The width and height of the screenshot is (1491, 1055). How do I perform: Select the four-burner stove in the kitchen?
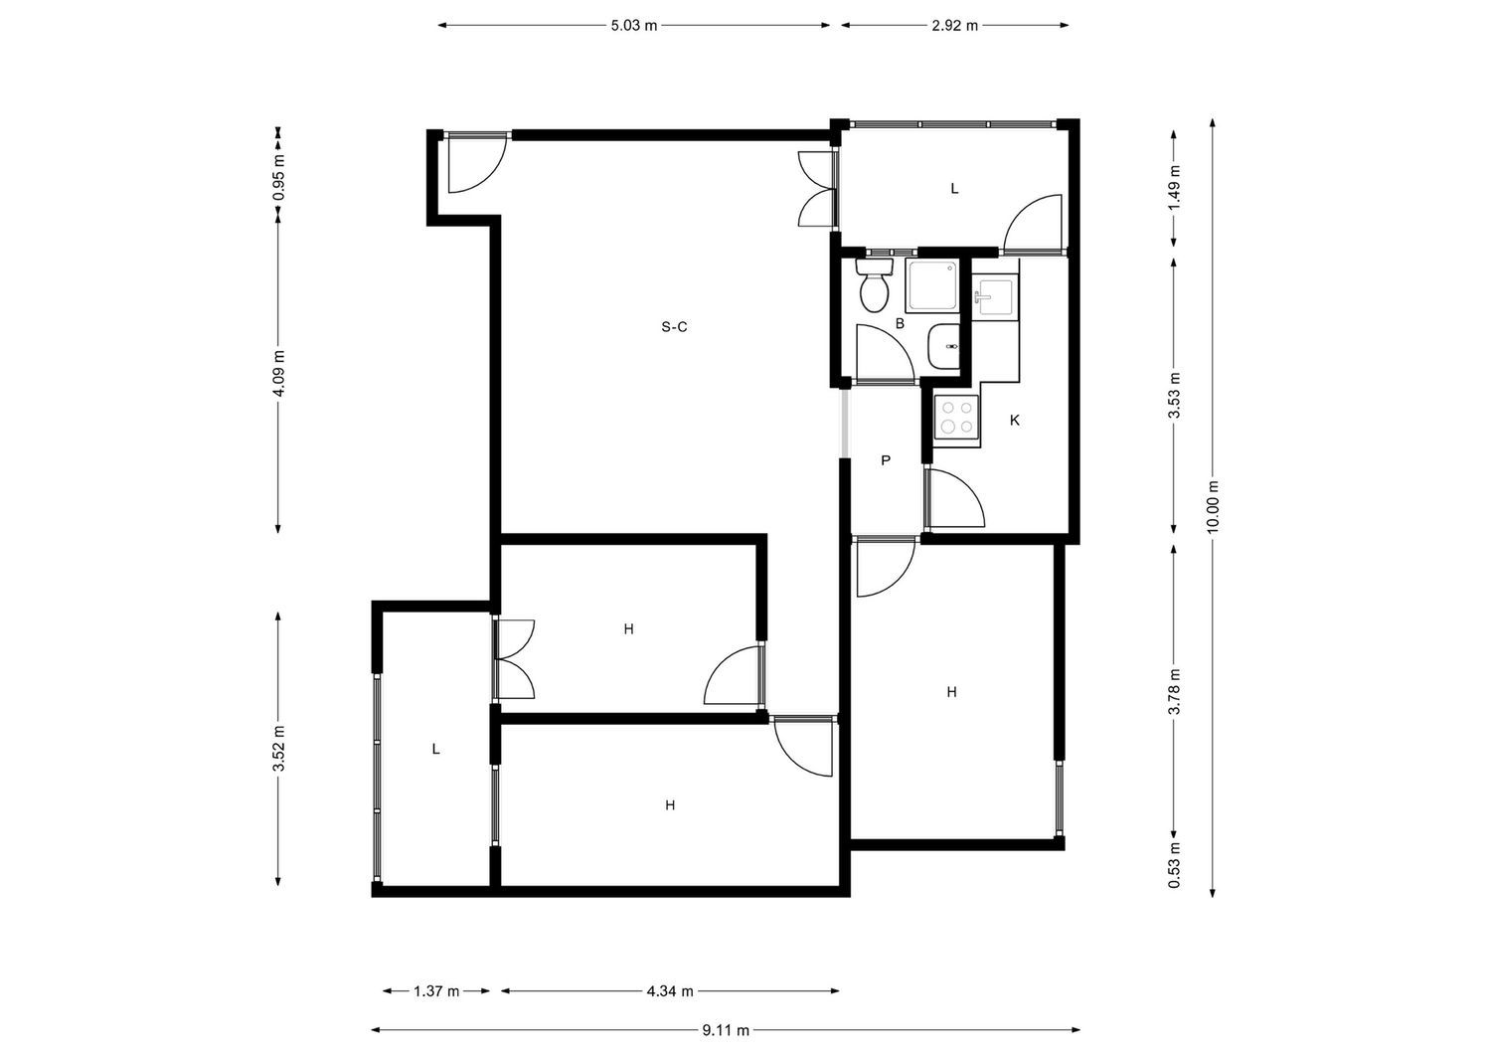[956, 418]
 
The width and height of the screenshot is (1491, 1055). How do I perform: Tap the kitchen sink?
[995, 297]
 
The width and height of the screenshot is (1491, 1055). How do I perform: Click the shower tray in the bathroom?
[931, 286]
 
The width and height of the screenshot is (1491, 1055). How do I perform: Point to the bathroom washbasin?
[943, 347]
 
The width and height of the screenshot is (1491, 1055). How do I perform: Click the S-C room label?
[675, 327]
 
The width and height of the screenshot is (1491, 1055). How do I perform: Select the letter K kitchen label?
[1015, 421]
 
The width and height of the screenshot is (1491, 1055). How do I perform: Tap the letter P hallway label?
[885, 460]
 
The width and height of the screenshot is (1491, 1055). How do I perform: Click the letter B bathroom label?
[900, 323]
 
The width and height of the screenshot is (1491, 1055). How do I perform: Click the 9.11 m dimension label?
[726, 1030]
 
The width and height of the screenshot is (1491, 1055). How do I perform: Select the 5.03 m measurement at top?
[634, 26]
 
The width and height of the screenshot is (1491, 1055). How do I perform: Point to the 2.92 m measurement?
[954, 26]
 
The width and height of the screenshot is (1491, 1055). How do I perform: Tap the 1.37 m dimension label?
[436, 990]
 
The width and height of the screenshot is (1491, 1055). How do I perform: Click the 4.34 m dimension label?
[670, 990]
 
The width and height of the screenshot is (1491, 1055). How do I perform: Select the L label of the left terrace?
[435, 750]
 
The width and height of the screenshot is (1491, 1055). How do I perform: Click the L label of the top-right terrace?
[954, 188]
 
